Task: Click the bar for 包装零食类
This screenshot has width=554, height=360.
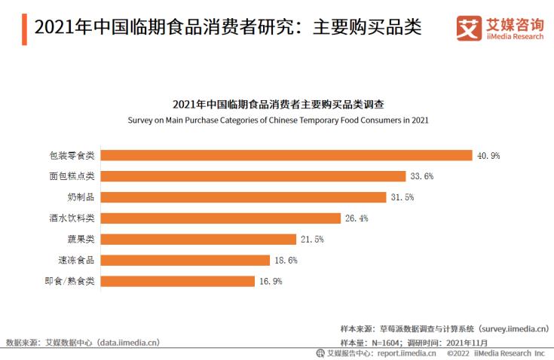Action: point(286,155)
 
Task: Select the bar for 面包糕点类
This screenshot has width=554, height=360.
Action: point(253,176)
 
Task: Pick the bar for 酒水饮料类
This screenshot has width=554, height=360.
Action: point(220,218)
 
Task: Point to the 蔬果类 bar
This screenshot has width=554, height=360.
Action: point(198,239)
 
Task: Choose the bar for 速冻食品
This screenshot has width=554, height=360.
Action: point(185,261)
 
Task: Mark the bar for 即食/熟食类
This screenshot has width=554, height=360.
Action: point(178,282)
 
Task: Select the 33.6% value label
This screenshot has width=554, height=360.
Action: point(421,176)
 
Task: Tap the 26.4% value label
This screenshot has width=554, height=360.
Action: point(356,218)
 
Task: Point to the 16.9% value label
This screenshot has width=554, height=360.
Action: point(270,282)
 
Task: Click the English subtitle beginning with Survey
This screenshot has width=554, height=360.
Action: point(278,119)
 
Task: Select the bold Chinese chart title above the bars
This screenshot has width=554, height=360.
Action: point(278,105)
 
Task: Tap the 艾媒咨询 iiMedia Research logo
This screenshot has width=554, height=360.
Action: point(498,28)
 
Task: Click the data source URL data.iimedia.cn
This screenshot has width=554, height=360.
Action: point(124,343)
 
